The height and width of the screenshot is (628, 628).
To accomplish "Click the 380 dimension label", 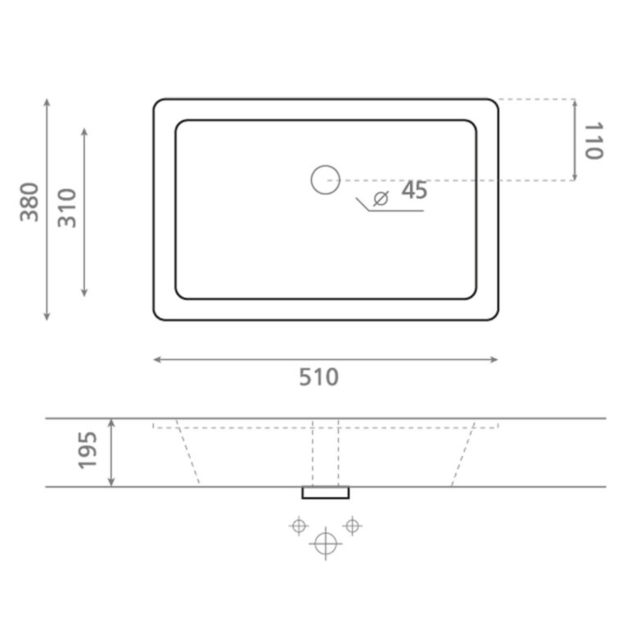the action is pos(29,202).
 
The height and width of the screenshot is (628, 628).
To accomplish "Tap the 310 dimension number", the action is pos(67,208).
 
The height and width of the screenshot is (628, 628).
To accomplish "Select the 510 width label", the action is pos(319,377).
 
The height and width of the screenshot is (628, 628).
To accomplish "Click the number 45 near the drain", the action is pos(414,190).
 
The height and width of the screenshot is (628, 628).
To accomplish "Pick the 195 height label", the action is pos(88,450).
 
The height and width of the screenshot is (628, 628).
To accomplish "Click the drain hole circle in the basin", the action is pos(325,180).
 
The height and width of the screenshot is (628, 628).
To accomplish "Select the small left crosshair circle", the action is pos(299,525).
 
